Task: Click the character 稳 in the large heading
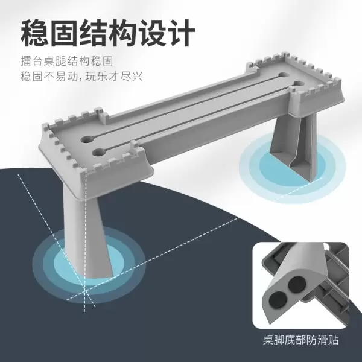click(35, 33)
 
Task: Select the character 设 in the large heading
click(153, 33)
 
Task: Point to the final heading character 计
click(182, 33)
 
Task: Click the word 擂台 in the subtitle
click(31, 62)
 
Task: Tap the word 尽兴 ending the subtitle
click(132, 77)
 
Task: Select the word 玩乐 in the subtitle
click(97, 77)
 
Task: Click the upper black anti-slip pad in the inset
click(297, 284)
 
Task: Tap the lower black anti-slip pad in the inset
click(278, 300)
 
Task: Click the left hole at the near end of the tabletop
click(87, 140)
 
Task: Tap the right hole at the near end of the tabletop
click(98, 152)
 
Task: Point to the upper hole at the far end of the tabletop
click(284, 75)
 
